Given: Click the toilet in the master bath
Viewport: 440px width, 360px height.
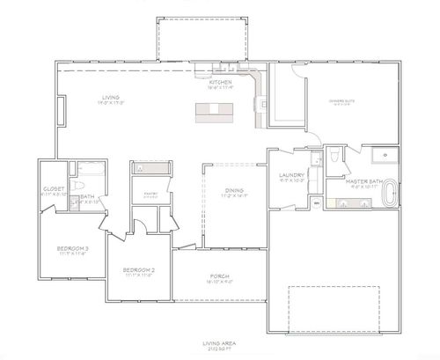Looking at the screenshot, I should [x=336, y=157].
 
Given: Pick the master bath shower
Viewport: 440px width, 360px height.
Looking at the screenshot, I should [x=383, y=157].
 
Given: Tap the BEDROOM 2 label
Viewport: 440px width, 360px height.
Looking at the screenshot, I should [x=139, y=270].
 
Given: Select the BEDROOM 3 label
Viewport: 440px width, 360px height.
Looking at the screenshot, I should [x=71, y=250].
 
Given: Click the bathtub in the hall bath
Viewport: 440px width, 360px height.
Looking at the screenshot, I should [x=86, y=169].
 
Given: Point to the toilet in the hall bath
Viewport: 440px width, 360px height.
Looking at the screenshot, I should [x=79, y=187].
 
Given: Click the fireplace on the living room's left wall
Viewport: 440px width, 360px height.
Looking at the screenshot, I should [x=61, y=112].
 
